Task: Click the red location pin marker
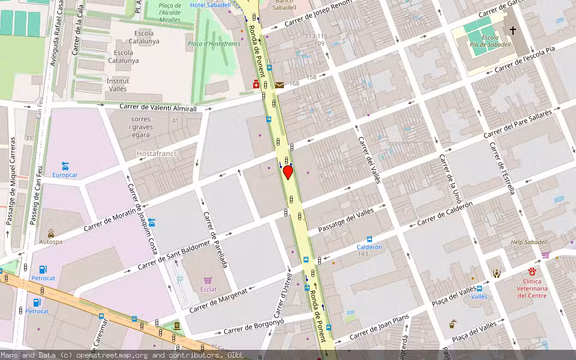pyautogui.click(x=288, y=172)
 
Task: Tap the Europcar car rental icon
pyautogui.click(x=65, y=165)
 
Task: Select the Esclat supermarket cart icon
pyautogui.click(x=208, y=280)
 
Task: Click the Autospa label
pyautogui.click(x=50, y=242)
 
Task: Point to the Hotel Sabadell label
pyautogui.click(x=210, y=5)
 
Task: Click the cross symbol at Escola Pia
pyautogui.click(x=512, y=29)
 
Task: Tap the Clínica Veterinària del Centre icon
pyautogui.click(x=532, y=272)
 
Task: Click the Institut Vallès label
pyautogui.click(x=117, y=85)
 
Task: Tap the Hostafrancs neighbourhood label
pyautogui.click(x=157, y=154)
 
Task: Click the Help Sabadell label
pyautogui.click(x=529, y=242)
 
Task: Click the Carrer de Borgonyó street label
pyautogui.click(x=254, y=326)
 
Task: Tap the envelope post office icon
pyautogui.click(x=280, y=85)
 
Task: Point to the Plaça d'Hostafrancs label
pyautogui.click(x=214, y=44)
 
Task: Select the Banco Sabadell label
pyautogui.click(x=284, y=5)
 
